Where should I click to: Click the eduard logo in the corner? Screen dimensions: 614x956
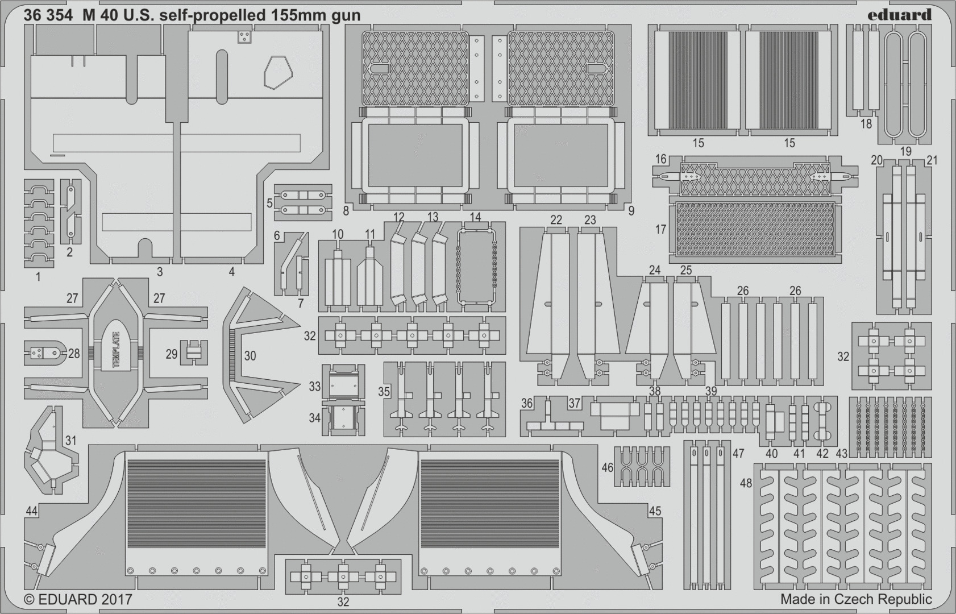[899, 15]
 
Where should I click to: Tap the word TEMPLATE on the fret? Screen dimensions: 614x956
[117, 349]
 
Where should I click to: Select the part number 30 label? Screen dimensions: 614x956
[250, 356]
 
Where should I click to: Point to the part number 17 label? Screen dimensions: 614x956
[660, 230]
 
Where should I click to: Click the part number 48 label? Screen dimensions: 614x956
[746, 483]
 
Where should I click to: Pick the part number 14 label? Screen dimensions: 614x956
[475, 217]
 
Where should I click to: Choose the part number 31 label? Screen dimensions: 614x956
[70, 441]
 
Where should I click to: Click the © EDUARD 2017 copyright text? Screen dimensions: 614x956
[78, 599]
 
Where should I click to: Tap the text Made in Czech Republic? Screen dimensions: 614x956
[856, 599]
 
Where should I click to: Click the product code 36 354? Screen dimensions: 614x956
[48, 15]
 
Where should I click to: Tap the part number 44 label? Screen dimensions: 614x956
[31, 512]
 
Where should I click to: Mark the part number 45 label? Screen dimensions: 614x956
[655, 511]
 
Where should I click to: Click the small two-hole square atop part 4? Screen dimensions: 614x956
[244, 37]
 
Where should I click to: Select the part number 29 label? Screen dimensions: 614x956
[172, 354]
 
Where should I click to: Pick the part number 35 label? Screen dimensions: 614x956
[384, 392]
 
